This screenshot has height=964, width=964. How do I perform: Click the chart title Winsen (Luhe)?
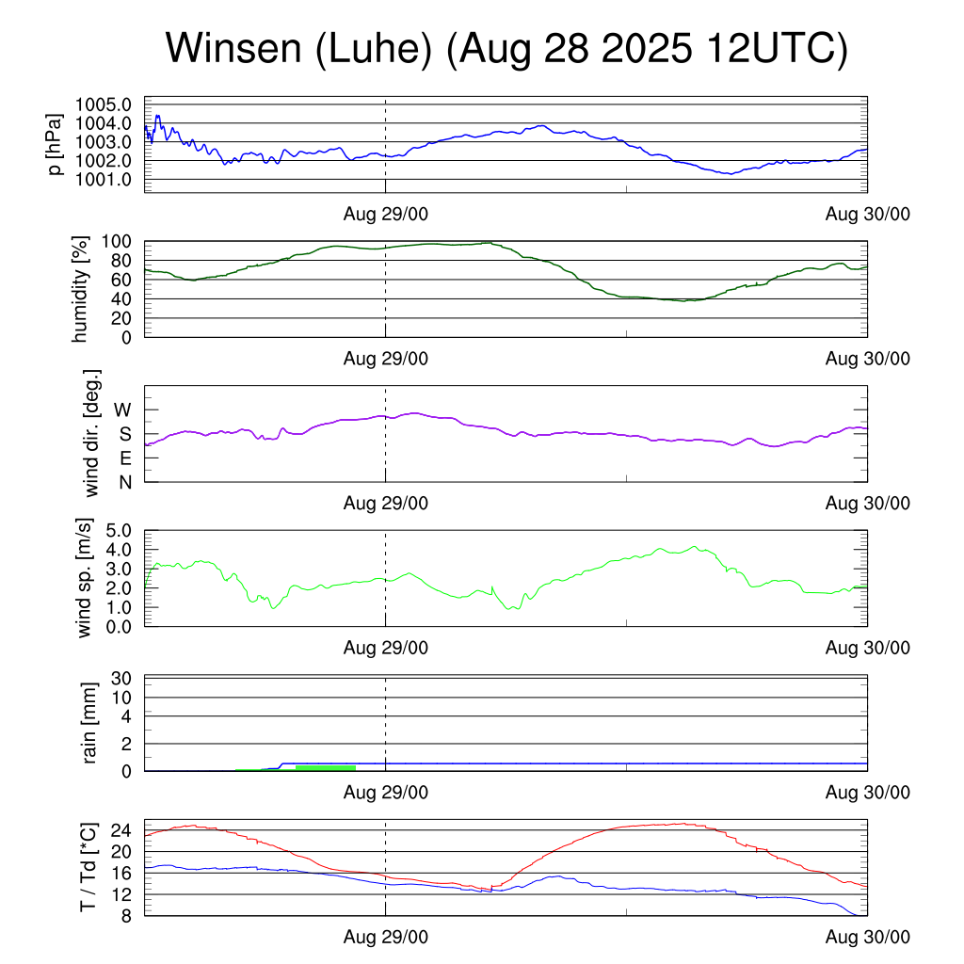pyautogui.click(x=506, y=49)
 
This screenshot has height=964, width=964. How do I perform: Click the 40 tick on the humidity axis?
pyautogui.click(x=123, y=299)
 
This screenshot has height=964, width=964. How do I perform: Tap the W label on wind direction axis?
pyautogui.click(x=122, y=410)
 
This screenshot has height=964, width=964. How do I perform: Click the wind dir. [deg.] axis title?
pyautogui.click(x=91, y=433)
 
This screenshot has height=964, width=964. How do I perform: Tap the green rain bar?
pyautogui.click(x=325, y=768)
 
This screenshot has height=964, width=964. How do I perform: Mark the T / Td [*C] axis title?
pyautogui.click(x=87, y=868)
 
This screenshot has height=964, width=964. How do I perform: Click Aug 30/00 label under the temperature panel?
pyautogui.click(x=867, y=938)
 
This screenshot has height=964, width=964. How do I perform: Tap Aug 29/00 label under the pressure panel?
pyautogui.click(x=385, y=214)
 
